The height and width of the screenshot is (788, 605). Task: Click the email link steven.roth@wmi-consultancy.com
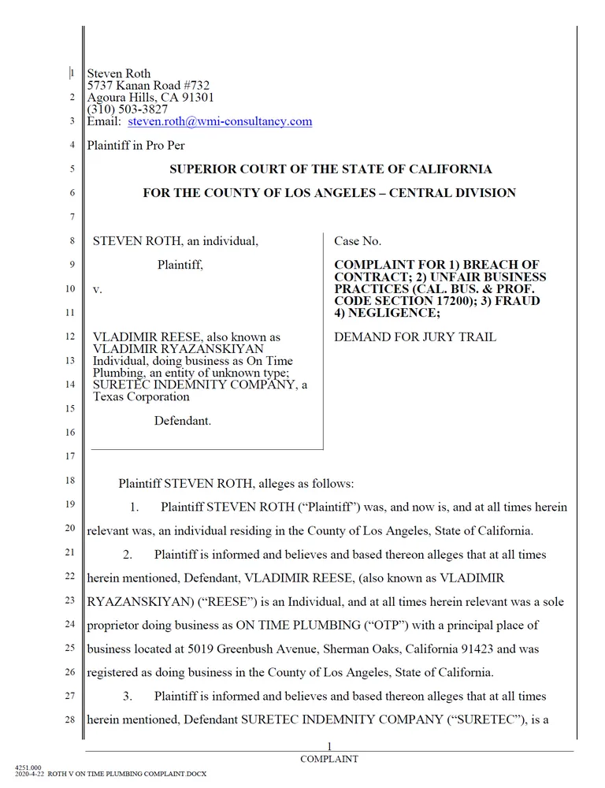point(220,121)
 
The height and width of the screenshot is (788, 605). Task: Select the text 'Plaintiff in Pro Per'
point(135,145)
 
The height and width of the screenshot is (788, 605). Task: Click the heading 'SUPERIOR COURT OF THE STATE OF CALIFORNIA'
point(331,169)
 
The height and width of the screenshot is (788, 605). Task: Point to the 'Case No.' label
point(358,241)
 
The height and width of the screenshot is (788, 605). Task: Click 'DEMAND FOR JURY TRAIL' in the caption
point(415,337)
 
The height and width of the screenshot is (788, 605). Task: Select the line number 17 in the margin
point(70,456)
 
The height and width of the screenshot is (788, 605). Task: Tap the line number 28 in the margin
point(70,719)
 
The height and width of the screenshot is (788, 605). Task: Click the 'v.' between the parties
point(98,289)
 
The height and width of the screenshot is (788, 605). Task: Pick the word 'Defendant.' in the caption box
point(183,421)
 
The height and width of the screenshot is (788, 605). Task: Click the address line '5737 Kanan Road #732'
point(148,86)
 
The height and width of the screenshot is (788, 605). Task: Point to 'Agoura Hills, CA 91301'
point(150,98)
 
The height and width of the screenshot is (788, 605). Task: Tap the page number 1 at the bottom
point(329,746)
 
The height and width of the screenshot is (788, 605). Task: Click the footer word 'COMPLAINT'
point(329,759)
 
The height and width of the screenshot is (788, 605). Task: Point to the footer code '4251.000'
point(28,766)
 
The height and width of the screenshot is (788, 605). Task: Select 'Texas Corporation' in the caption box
point(141,396)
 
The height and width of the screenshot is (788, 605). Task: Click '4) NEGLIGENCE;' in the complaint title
point(387,313)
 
